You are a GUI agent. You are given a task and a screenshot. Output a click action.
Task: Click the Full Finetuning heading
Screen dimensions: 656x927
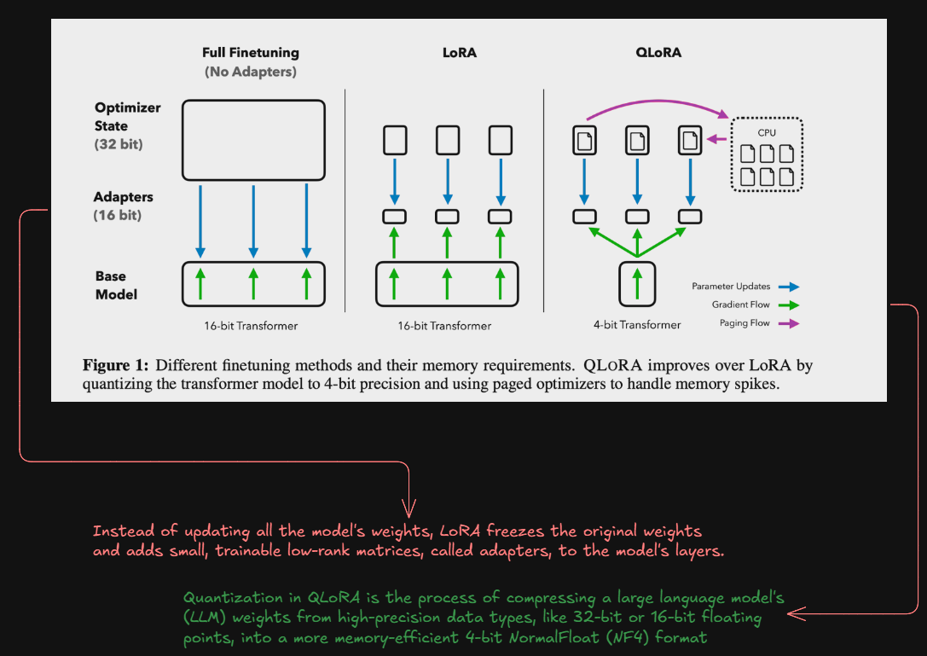click(x=250, y=53)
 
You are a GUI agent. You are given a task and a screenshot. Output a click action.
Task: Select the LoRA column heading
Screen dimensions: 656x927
click(x=459, y=53)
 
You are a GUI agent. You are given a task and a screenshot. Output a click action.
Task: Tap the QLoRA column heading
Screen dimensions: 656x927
click(x=658, y=53)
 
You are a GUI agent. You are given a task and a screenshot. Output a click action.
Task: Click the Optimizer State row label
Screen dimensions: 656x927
click(x=127, y=117)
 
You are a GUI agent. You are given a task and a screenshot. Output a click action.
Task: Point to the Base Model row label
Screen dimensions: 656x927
click(x=116, y=285)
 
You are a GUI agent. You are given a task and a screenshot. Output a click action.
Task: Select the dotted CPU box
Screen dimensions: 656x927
click(x=767, y=154)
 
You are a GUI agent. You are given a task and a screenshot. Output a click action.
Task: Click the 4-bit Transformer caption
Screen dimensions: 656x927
click(x=637, y=325)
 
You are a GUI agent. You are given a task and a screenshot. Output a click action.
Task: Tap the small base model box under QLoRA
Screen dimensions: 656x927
click(x=637, y=284)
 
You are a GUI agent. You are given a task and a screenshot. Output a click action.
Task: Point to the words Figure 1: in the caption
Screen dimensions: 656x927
click(x=115, y=366)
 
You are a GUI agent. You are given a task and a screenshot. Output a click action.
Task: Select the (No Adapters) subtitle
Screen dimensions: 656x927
click(x=250, y=73)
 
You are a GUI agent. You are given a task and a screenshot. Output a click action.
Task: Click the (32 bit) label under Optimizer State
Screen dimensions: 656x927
click(x=119, y=145)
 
